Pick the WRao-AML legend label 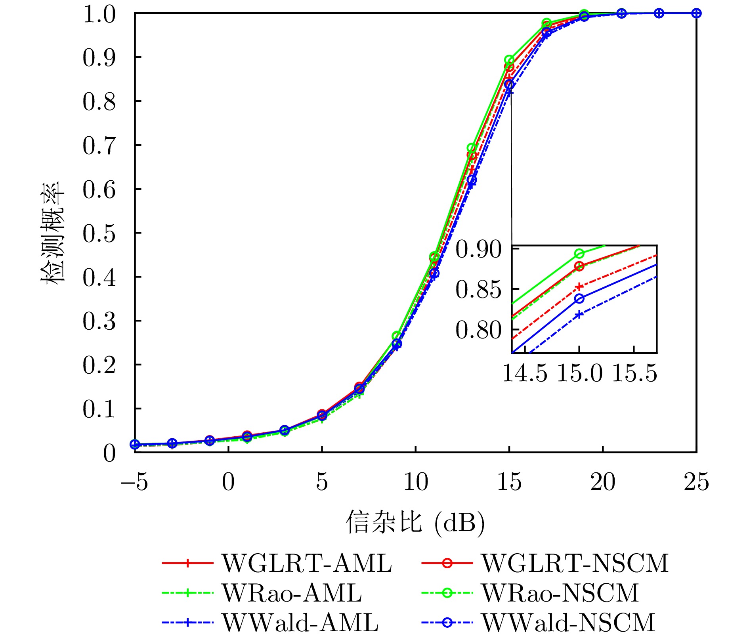point(292,593)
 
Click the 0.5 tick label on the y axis point(99,233)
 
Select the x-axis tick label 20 point(603,482)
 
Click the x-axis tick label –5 point(135,482)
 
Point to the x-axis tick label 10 point(416,482)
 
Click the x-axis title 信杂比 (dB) point(415,523)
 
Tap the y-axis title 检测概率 point(52,233)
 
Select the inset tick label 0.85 point(479,290)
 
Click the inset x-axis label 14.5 point(525,373)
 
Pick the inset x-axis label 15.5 point(634,373)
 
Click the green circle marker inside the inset point(579,254)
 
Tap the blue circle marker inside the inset point(579,299)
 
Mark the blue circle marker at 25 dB point(696,13)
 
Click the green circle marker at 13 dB point(472,148)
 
